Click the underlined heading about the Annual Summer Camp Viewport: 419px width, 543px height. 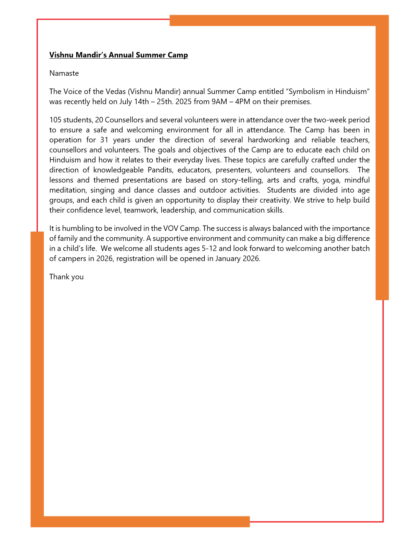pyautogui.click(x=118, y=55)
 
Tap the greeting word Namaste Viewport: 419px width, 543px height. pyautogui.click(x=64, y=73)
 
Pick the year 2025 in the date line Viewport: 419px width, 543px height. pyautogui.click(x=183, y=102)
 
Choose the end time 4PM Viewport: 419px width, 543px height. pyautogui.click(x=242, y=102)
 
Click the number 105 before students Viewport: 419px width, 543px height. pyautogui.click(x=55, y=120)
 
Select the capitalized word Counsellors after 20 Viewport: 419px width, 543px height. pyautogui.click(x=124, y=120)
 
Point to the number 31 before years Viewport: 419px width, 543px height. pyautogui.click(x=104, y=140)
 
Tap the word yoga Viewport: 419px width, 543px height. pyautogui.click(x=331, y=180)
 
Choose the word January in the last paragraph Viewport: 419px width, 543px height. pyautogui.click(x=228, y=259)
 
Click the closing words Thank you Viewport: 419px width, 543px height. pyautogui.click(x=66, y=277)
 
